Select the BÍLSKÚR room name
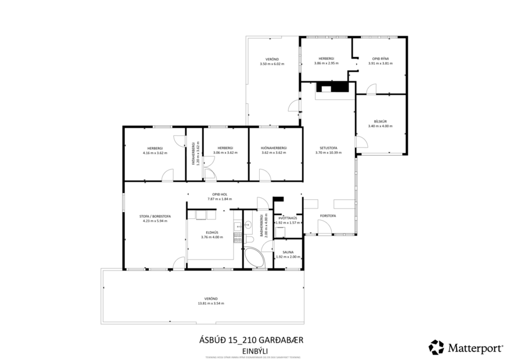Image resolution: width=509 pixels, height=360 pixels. pyautogui.click(x=381, y=121)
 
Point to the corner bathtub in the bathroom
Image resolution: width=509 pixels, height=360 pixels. pyautogui.click(x=254, y=258)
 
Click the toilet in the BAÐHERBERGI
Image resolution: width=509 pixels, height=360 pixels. pyautogui.click(x=249, y=240)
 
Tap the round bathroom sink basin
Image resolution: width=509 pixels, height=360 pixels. pyautogui.click(x=247, y=222)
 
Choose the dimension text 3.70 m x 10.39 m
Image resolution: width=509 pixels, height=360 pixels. pyautogui.click(x=328, y=153)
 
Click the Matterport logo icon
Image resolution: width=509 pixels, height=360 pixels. pyautogui.click(x=436, y=347)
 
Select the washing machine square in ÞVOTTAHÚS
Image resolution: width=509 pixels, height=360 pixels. pyautogui.click(x=280, y=232)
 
